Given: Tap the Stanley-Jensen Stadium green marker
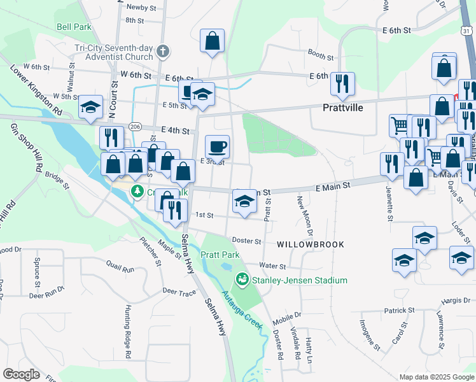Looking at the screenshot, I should [x=242, y=279].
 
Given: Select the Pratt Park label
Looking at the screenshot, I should [x=220, y=255].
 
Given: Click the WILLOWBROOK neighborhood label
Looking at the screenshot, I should [x=311, y=244].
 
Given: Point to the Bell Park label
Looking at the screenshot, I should [x=74, y=27].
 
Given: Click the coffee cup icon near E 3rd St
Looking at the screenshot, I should [x=217, y=146].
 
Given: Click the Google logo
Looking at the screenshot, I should [x=22, y=374].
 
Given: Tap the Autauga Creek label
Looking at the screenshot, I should [x=242, y=310].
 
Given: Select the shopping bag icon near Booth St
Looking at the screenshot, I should [x=213, y=40].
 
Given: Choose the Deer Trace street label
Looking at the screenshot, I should [x=179, y=292].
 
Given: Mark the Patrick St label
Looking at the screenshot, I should [x=399, y=311].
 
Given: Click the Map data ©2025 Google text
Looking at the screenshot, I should [x=437, y=377].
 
